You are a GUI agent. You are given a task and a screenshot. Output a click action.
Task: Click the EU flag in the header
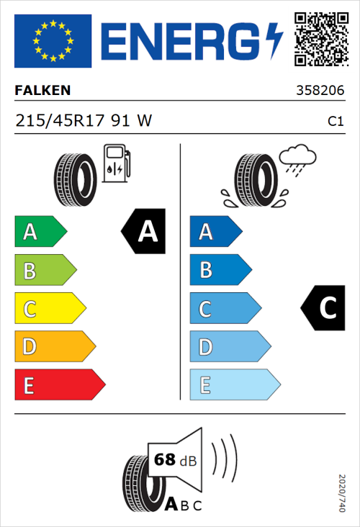coord(53,41)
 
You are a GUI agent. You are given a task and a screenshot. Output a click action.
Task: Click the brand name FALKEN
coord(43,91)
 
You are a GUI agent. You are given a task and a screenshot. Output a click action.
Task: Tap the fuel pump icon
coord(117,163)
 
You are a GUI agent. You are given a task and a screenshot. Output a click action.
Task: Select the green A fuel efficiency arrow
coord(40,232)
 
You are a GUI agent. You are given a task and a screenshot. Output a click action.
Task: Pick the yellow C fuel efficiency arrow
coord(49,309)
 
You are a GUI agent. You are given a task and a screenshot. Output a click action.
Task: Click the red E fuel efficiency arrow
coord(59,385)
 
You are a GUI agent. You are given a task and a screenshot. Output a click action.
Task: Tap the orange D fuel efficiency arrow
coord(54,347)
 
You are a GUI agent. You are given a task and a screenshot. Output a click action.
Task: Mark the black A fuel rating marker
coord(144,232)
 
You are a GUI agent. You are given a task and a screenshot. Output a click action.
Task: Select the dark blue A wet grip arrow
coord(215,232)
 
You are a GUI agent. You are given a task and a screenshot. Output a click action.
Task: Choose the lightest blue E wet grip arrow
coord(234,385)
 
